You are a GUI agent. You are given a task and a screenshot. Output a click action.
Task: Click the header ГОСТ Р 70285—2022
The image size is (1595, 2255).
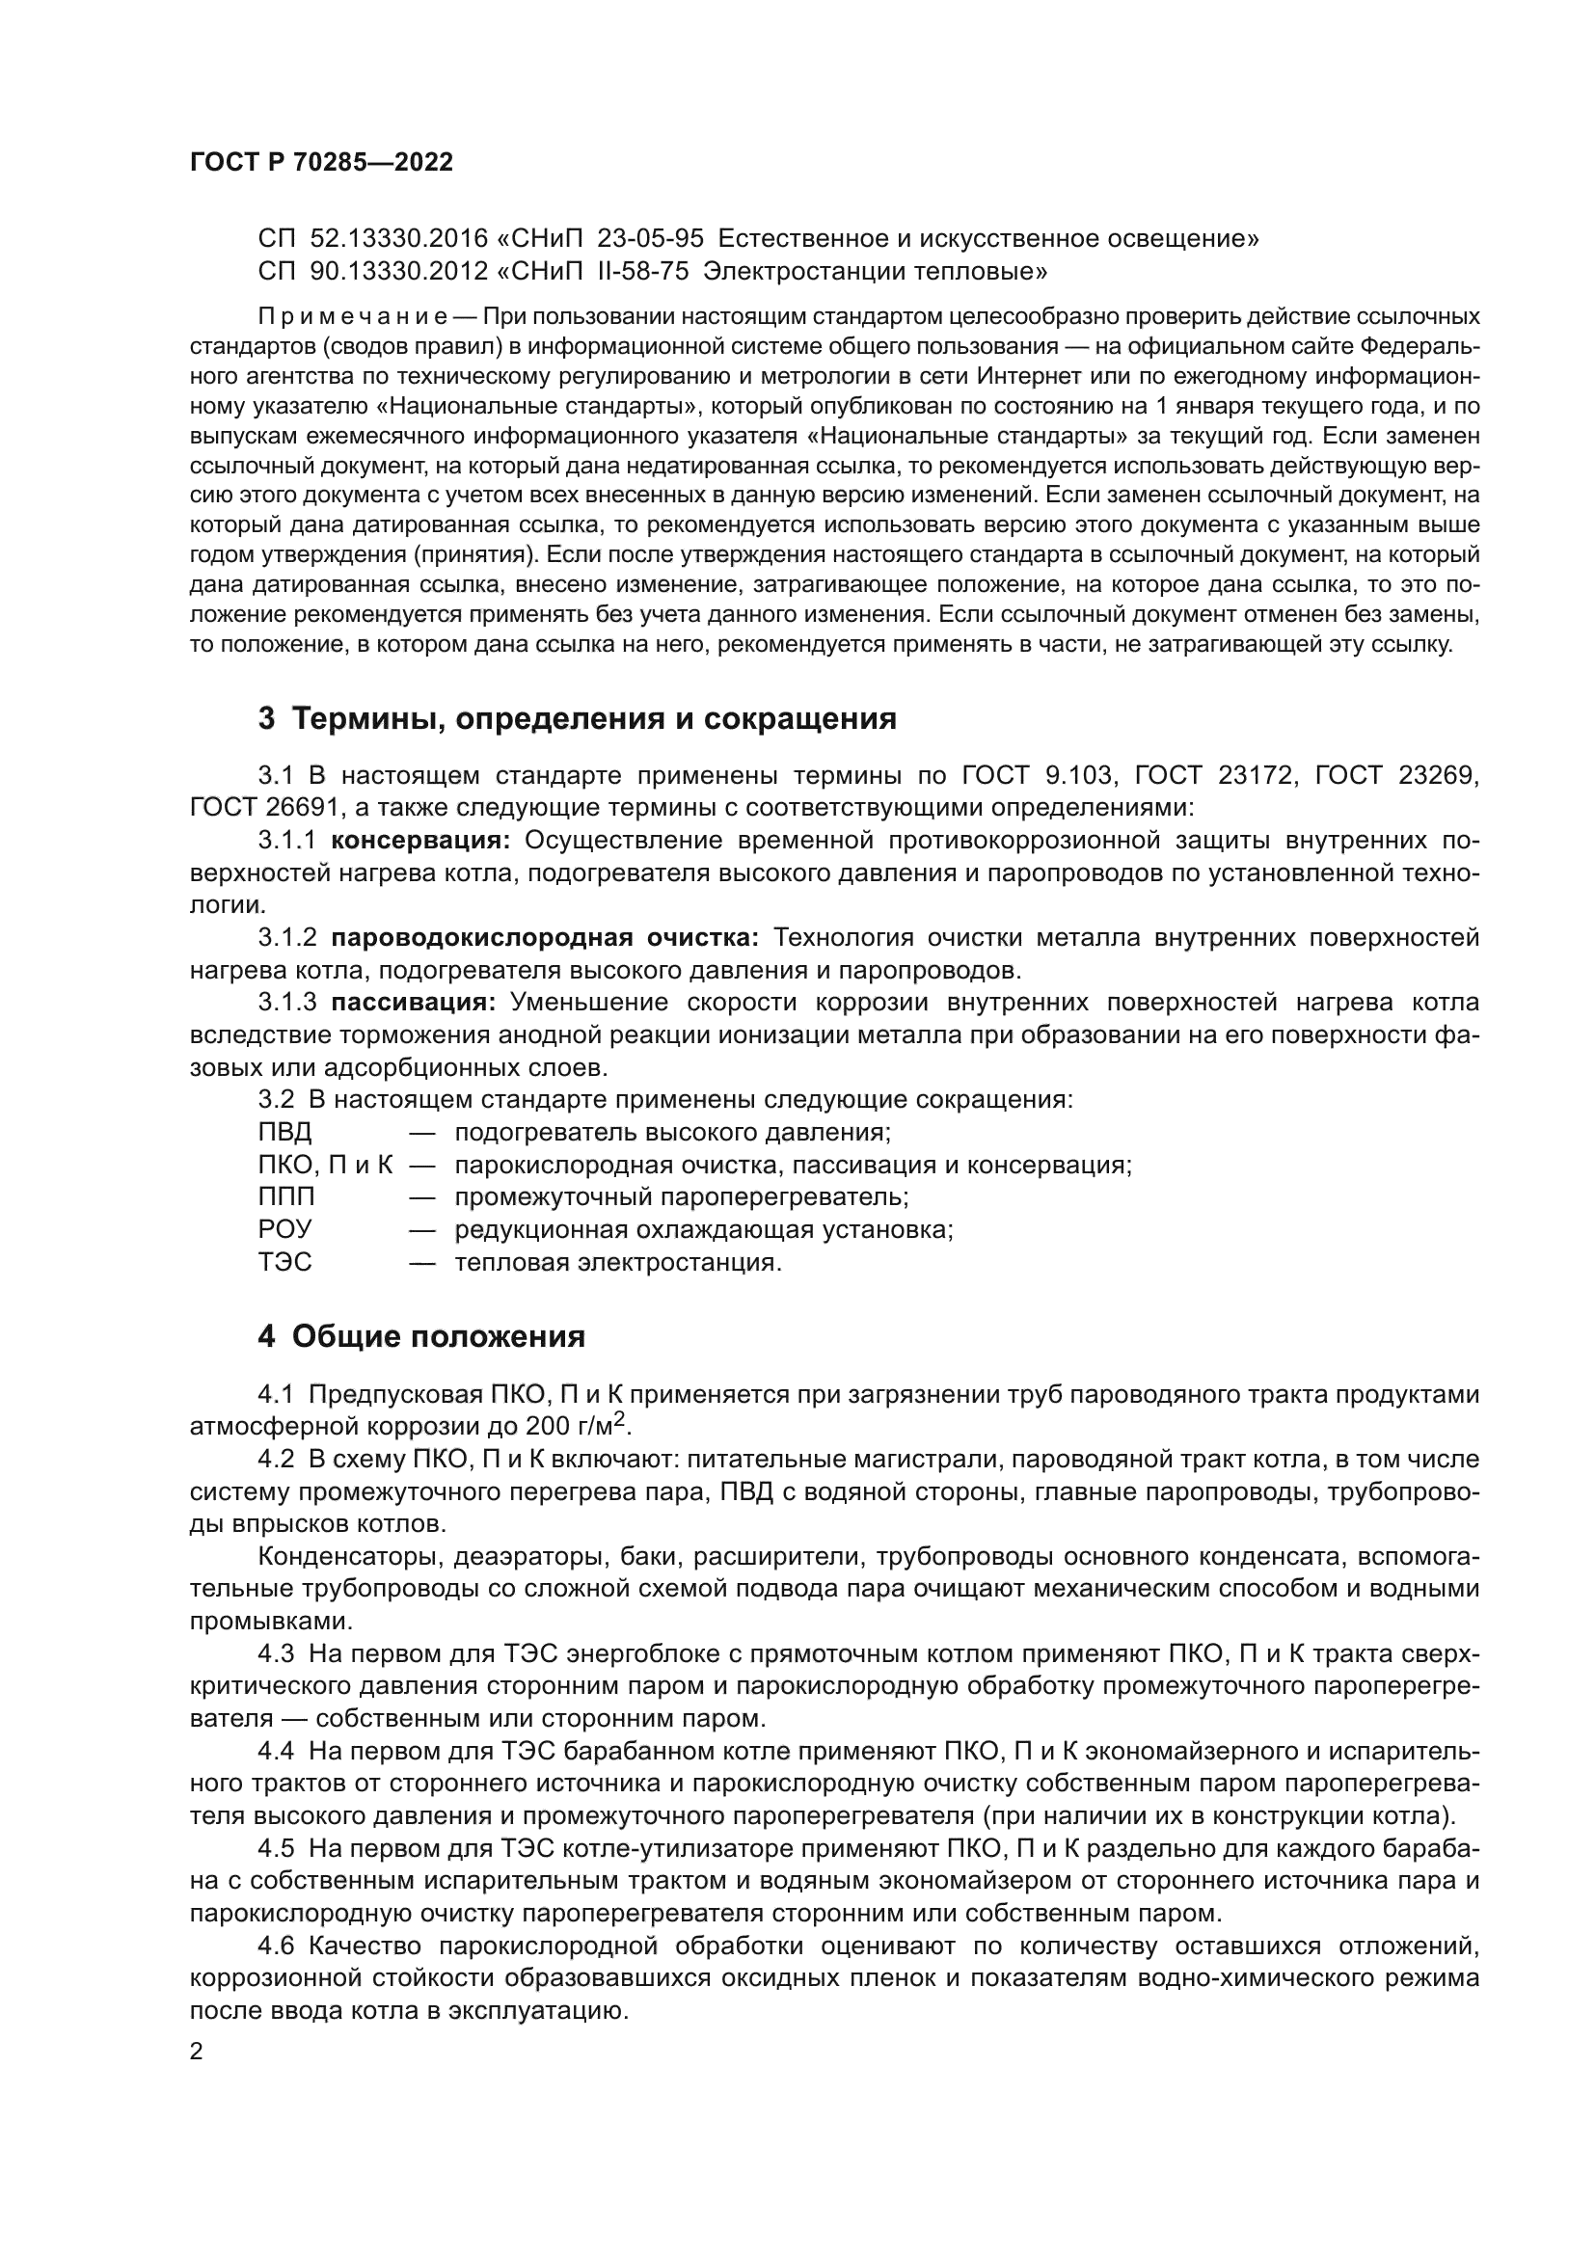[321, 163]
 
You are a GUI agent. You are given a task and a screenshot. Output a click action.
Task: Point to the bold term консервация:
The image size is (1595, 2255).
[420, 841]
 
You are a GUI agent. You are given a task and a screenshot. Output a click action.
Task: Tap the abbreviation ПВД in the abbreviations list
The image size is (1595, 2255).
[284, 1133]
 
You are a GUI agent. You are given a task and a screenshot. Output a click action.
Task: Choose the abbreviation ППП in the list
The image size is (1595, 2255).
[286, 1197]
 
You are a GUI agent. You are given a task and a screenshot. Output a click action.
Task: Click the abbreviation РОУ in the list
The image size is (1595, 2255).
[284, 1229]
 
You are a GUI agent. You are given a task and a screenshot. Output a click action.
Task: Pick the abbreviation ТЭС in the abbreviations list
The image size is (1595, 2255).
[284, 1262]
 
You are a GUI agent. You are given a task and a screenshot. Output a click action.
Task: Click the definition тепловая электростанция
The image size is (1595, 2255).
[618, 1262]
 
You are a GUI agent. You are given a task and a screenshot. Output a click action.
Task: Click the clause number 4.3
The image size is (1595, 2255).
[276, 1654]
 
